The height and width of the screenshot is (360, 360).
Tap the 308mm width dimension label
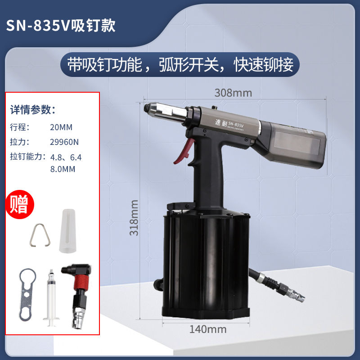233,93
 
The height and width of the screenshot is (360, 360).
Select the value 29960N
64,142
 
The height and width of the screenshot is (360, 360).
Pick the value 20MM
61,127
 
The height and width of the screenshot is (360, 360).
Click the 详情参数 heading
33,109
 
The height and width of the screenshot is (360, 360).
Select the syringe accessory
50,295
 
